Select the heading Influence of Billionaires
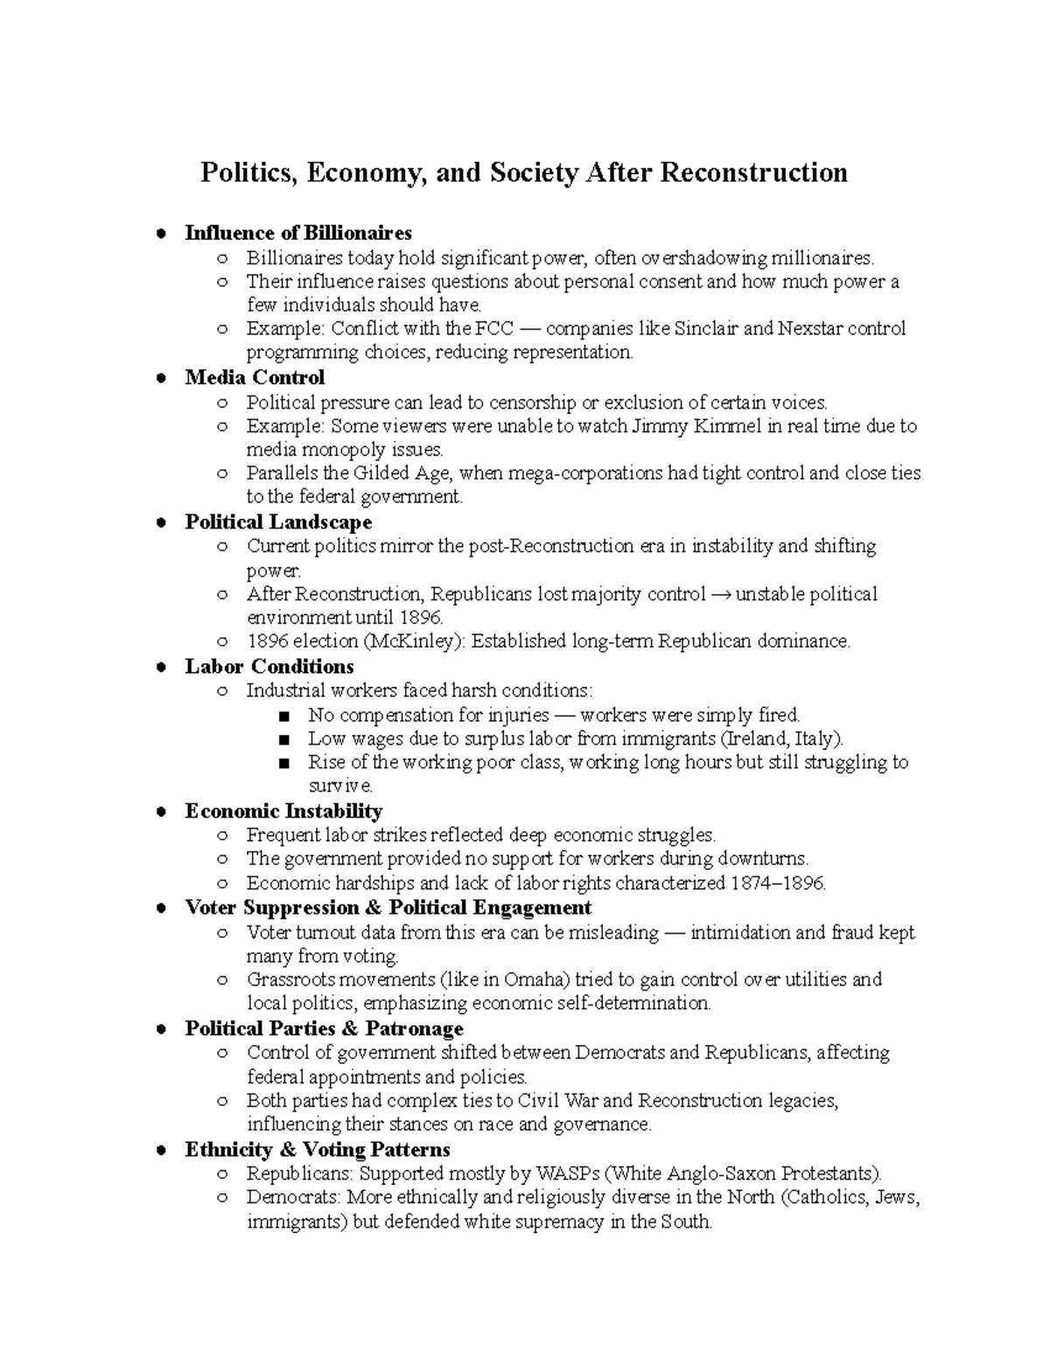[297, 233]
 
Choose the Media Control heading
[255, 377]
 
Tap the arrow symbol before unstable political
[720, 595]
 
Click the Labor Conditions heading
[269, 667]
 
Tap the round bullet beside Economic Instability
[160, 812]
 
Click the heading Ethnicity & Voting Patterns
[317, 1149]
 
